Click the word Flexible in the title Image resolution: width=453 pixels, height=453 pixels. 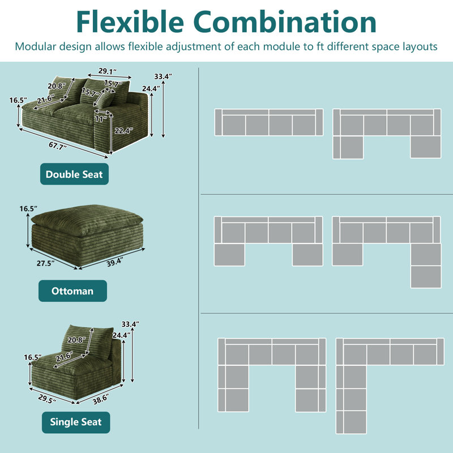tap(130, 22)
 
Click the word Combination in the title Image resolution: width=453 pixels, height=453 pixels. tap(285, 22)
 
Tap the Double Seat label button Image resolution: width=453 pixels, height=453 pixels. tap(74, 174)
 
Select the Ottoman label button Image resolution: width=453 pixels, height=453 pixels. tap(72, 290)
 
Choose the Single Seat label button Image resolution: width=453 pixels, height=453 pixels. tap(76, 422)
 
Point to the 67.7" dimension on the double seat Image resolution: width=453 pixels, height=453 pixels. tap(58, 146)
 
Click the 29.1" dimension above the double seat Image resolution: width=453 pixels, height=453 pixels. tap(108, 71)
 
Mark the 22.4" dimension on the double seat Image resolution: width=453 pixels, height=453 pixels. tap(123, 131)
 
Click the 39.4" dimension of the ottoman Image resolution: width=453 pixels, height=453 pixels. tap(115, 262)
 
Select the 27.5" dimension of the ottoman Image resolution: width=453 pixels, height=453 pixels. tap(45, 263)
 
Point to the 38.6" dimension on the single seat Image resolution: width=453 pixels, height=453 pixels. tap(101, 400)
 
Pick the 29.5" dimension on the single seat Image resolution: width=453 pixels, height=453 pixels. tap(47, 399)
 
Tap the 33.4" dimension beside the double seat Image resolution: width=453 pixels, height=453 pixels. tap(163, 76)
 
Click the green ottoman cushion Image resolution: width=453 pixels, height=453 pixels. tap(87, 220)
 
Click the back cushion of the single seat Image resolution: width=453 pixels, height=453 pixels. tap(87, 343)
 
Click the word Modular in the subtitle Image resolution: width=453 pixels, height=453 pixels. tap(36, 46)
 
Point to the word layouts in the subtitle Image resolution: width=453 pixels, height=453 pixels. tap(420, 47)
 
